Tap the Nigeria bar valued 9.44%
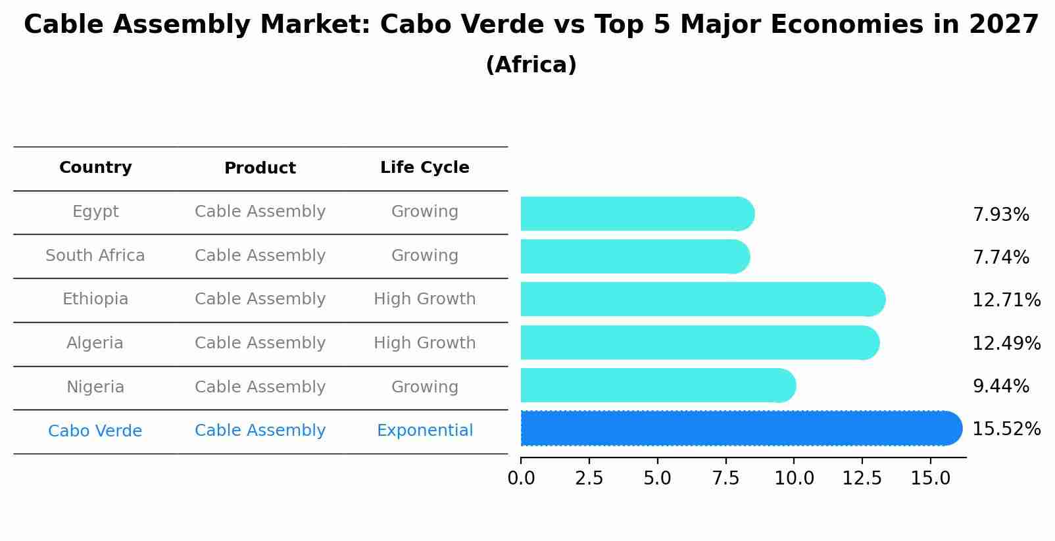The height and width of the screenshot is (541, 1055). pos(658,386)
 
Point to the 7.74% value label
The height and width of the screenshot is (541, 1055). pos(1000,258)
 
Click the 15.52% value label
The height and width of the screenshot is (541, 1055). pos(1006,429)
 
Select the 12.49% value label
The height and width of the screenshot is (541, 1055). pos(1006,344)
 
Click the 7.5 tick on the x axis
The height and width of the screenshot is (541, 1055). pos(725,479)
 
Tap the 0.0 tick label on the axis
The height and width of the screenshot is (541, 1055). pos(521,479)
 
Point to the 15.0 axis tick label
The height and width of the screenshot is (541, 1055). pos(930,479)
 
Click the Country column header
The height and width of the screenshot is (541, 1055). pos(95,168)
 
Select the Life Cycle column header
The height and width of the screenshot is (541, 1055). pos(424,168)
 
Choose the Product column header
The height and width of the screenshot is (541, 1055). pos(260,168)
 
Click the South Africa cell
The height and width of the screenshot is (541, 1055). pos(95,256)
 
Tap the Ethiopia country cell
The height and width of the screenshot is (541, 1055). pos(95,299)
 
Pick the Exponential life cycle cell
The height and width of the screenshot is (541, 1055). pos(424,431)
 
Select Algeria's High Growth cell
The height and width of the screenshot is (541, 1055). pos(424,343)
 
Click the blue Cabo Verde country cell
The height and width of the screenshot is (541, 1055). pos(95,431)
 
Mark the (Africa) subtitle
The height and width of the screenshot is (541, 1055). pos(531,65)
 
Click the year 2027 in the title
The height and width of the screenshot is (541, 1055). pos(1003,25)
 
